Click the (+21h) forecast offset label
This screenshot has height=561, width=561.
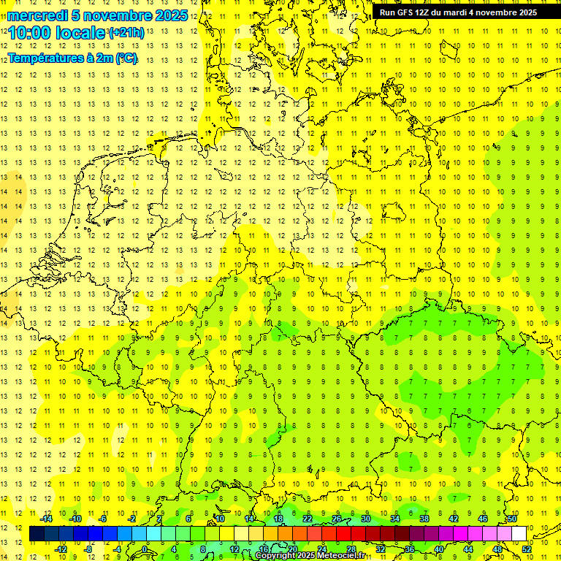[x=126, y=33]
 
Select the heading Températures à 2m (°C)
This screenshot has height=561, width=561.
[x=72, y=58]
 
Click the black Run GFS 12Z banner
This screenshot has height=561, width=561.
[x=458, y=12]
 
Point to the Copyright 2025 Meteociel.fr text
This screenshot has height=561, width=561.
[x=309, y=555]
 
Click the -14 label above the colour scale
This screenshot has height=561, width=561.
[x=47, y=519]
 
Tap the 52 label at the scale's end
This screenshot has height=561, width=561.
[x=527, y=549]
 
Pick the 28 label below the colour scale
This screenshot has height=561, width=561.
[x=351, y=549]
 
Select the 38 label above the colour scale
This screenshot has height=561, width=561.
[x=424, y=519]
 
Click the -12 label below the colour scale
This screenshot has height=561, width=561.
[x=61, y=549]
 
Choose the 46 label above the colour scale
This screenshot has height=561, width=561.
[x=483, y=519]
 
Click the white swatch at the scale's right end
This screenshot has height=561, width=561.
[x=519, y=534]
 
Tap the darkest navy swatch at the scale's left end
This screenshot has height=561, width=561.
[x=37, y=534]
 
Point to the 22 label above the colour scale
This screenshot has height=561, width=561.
[x=308, y=519]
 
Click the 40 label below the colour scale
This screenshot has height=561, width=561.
[x=439, y=549]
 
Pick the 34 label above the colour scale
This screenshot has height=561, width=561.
[x=395, y=519]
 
